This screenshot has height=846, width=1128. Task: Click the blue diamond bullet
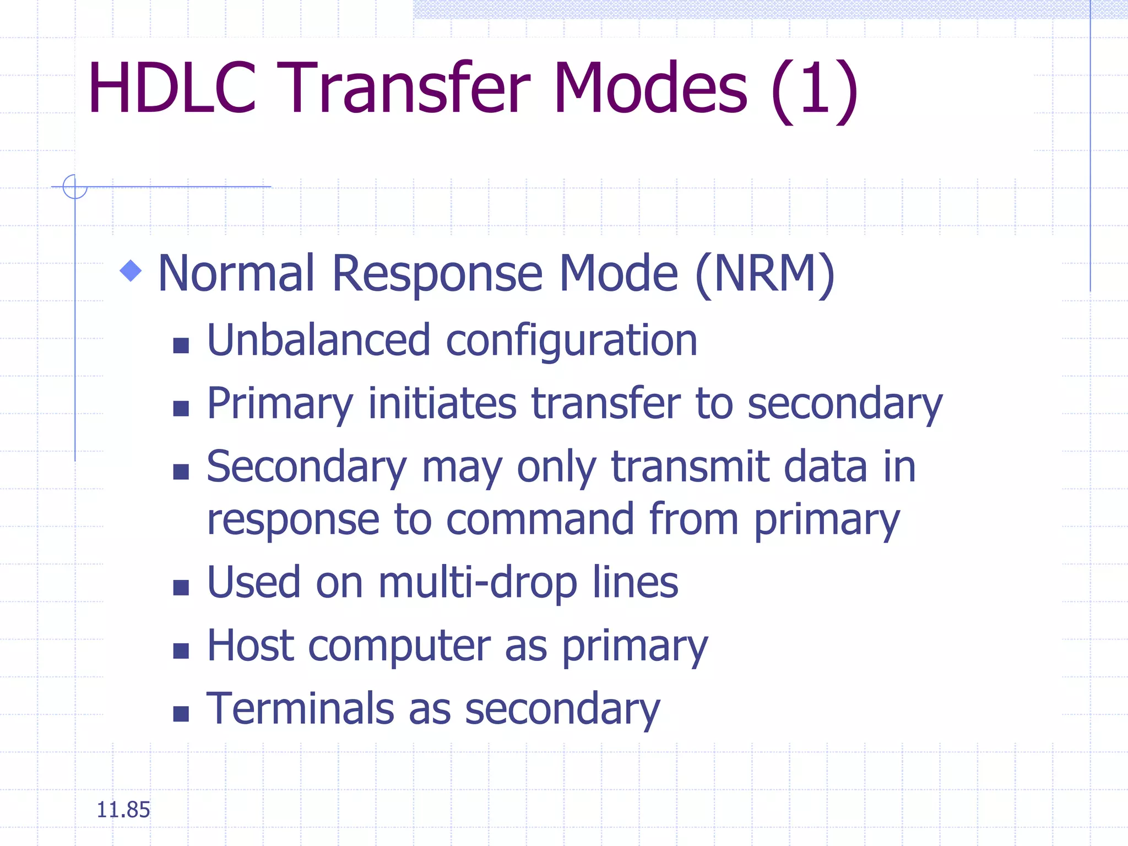tap(131, 270)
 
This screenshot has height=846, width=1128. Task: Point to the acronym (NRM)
tap(765, 274)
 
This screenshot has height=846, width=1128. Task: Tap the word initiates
tap(442, 404)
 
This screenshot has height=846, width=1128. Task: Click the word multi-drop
tap(478, 583)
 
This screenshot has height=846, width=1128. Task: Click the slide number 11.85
tap(123, 810)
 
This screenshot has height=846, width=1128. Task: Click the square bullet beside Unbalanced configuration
tap(181, 346)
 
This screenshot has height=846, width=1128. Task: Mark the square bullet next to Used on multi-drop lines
tap(181, 588)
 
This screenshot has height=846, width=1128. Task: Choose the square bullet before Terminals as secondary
tap(181, 714)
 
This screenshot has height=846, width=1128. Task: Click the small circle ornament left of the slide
tap(75, 186)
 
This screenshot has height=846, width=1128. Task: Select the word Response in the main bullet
tap(438, 274)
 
